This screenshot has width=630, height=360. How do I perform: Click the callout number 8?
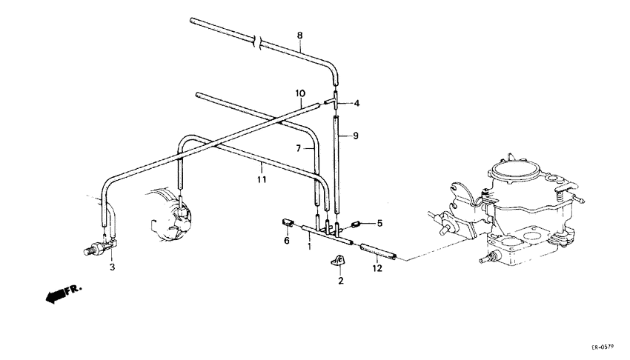(299, 35)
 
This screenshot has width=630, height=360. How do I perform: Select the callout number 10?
(299, 93)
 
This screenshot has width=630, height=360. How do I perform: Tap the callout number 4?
(356, 104)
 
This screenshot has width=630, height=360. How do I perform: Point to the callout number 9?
(356, 136)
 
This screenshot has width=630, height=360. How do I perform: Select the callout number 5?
(379, 222)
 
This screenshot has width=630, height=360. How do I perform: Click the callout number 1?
(310, 245)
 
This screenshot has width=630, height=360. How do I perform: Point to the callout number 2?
(340, 281)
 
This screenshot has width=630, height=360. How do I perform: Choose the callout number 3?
(112, 266)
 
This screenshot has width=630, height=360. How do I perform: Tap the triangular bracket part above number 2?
(339, 261)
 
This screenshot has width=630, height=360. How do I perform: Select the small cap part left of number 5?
(355, 222)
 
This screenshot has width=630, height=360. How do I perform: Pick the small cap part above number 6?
(285, 221)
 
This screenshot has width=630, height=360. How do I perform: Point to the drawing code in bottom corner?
(604, 347)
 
